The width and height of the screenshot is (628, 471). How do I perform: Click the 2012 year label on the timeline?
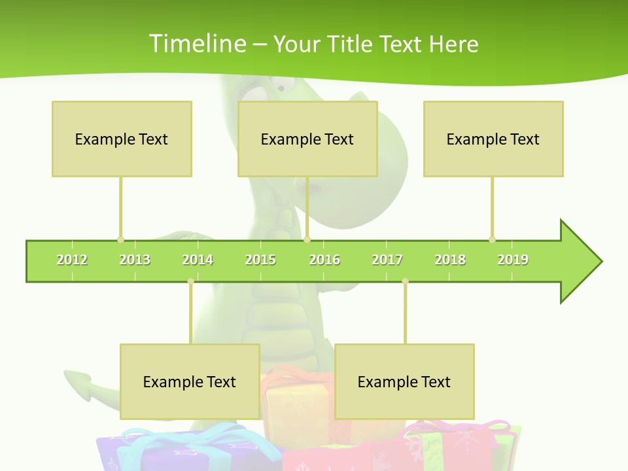point(72,260)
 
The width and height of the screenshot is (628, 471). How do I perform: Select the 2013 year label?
point(135,260)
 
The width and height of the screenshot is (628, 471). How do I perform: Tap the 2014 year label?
point(198,260)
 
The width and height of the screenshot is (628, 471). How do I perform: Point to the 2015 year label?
point(260,260)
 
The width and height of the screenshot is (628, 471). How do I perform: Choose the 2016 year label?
point(324,260)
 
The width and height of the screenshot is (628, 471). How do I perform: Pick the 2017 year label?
point(387,260)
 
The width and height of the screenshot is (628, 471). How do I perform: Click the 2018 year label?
point(450,260)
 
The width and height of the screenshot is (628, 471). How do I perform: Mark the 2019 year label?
point(513,260)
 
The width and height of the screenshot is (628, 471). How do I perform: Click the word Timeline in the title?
point(197,44)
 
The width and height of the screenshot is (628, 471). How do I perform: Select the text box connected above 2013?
point(122,139)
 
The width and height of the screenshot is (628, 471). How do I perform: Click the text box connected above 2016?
point(307,139)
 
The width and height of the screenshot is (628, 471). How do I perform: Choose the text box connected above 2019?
point(493,139)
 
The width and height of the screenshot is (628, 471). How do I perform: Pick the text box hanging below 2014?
point(190,381)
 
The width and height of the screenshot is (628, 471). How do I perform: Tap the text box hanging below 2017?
point(404,381)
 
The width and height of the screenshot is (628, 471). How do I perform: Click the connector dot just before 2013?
point(120,239)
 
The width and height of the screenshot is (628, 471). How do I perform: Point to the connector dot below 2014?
point(190,281)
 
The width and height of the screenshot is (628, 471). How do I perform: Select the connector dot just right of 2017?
point(405,281)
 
